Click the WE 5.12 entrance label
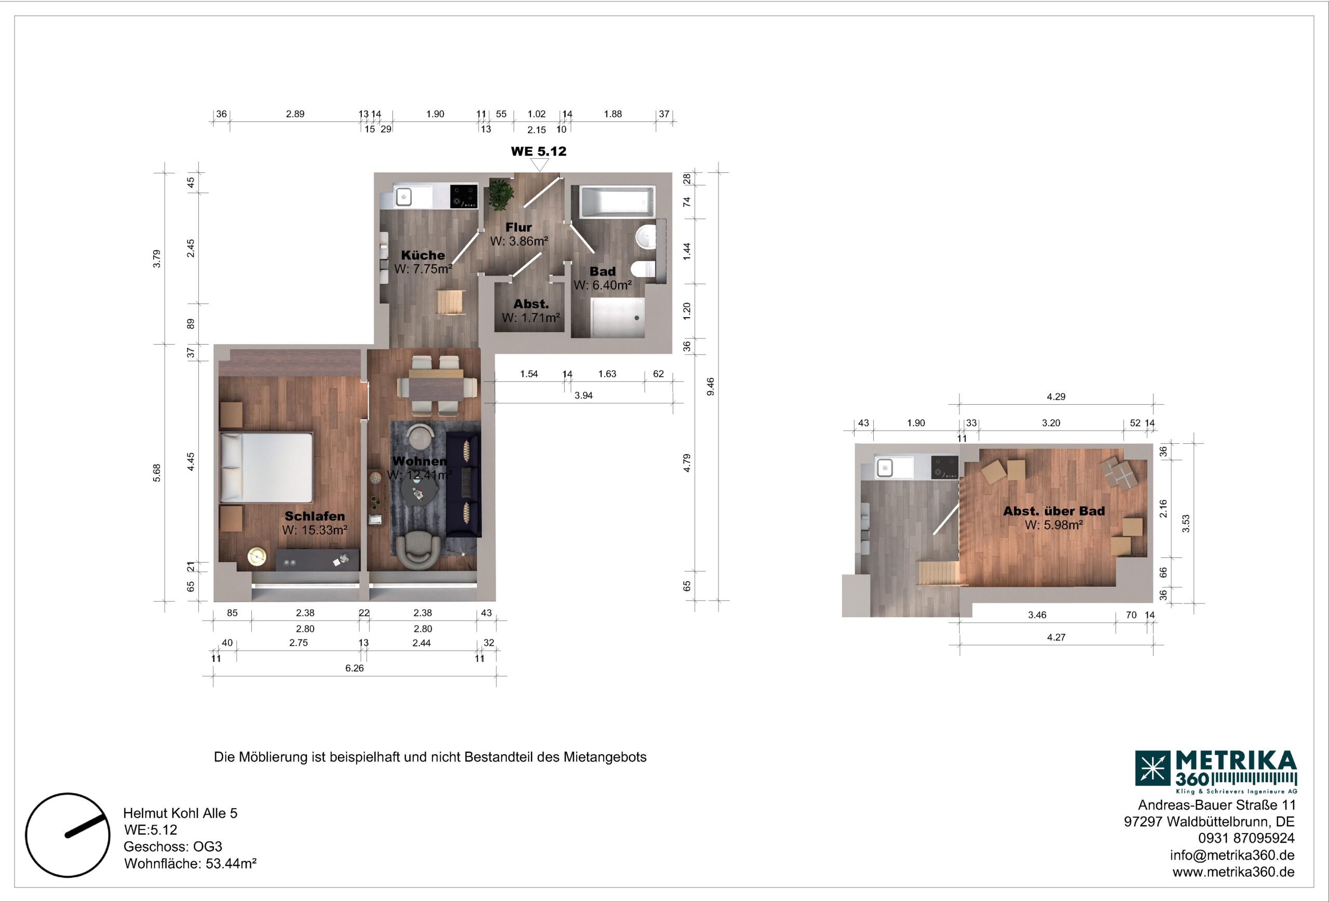(538, 152)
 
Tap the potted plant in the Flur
(500, 194)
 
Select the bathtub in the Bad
(617, 202)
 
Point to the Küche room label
(423, 255)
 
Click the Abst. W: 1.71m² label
(531, 311)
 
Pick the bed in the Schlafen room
(266, 467)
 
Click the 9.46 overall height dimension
(710, 387)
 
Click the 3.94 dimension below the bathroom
(584, 395)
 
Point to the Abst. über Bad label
(1054, 511)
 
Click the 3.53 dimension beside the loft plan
(1186, 524)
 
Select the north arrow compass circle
(67, 835)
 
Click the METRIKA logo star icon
(1152, 768)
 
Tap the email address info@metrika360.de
(1232, 856)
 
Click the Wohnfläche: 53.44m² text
(190, 864)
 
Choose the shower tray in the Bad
(618, 317)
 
